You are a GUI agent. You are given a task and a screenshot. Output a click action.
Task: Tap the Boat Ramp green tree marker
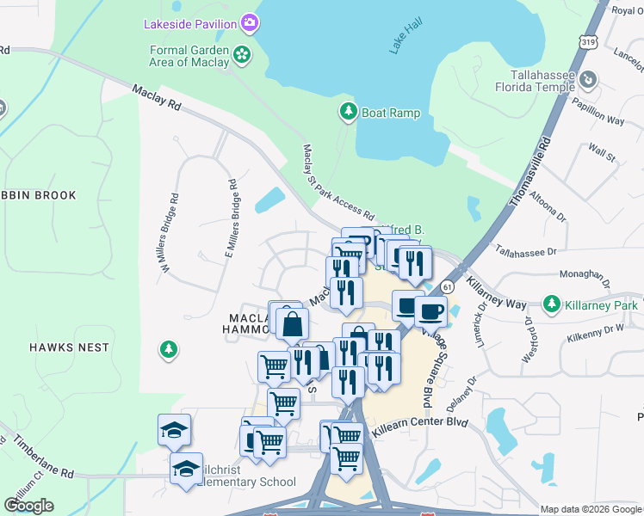[x=348, y=112]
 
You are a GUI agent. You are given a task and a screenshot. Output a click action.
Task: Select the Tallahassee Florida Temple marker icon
[x=588, y=80]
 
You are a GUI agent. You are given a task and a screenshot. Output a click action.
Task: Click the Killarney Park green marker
[x=552, y=304]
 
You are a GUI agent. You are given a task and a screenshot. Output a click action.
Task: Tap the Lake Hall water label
[x=402, y=40]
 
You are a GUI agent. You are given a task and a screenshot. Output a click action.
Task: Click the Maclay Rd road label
[x=157, y=96]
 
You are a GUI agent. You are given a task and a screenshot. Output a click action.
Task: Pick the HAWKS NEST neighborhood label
[x=69, y=347]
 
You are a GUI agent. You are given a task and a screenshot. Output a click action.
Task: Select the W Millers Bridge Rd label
[x=168, y=232]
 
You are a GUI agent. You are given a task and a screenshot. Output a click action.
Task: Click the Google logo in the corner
[x=28, y=505]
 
